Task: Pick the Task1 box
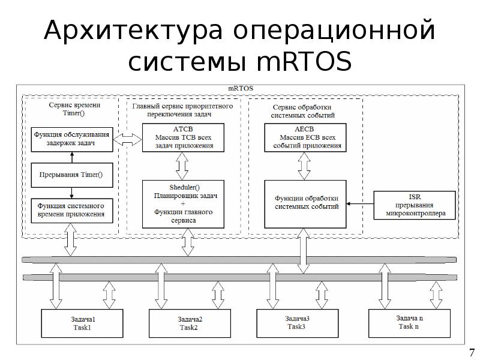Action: click(82, 323)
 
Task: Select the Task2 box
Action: click(189, 323)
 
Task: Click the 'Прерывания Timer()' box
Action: click(71, 175)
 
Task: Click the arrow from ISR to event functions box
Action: click(361, 204)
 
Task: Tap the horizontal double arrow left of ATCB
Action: click(127, 139)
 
